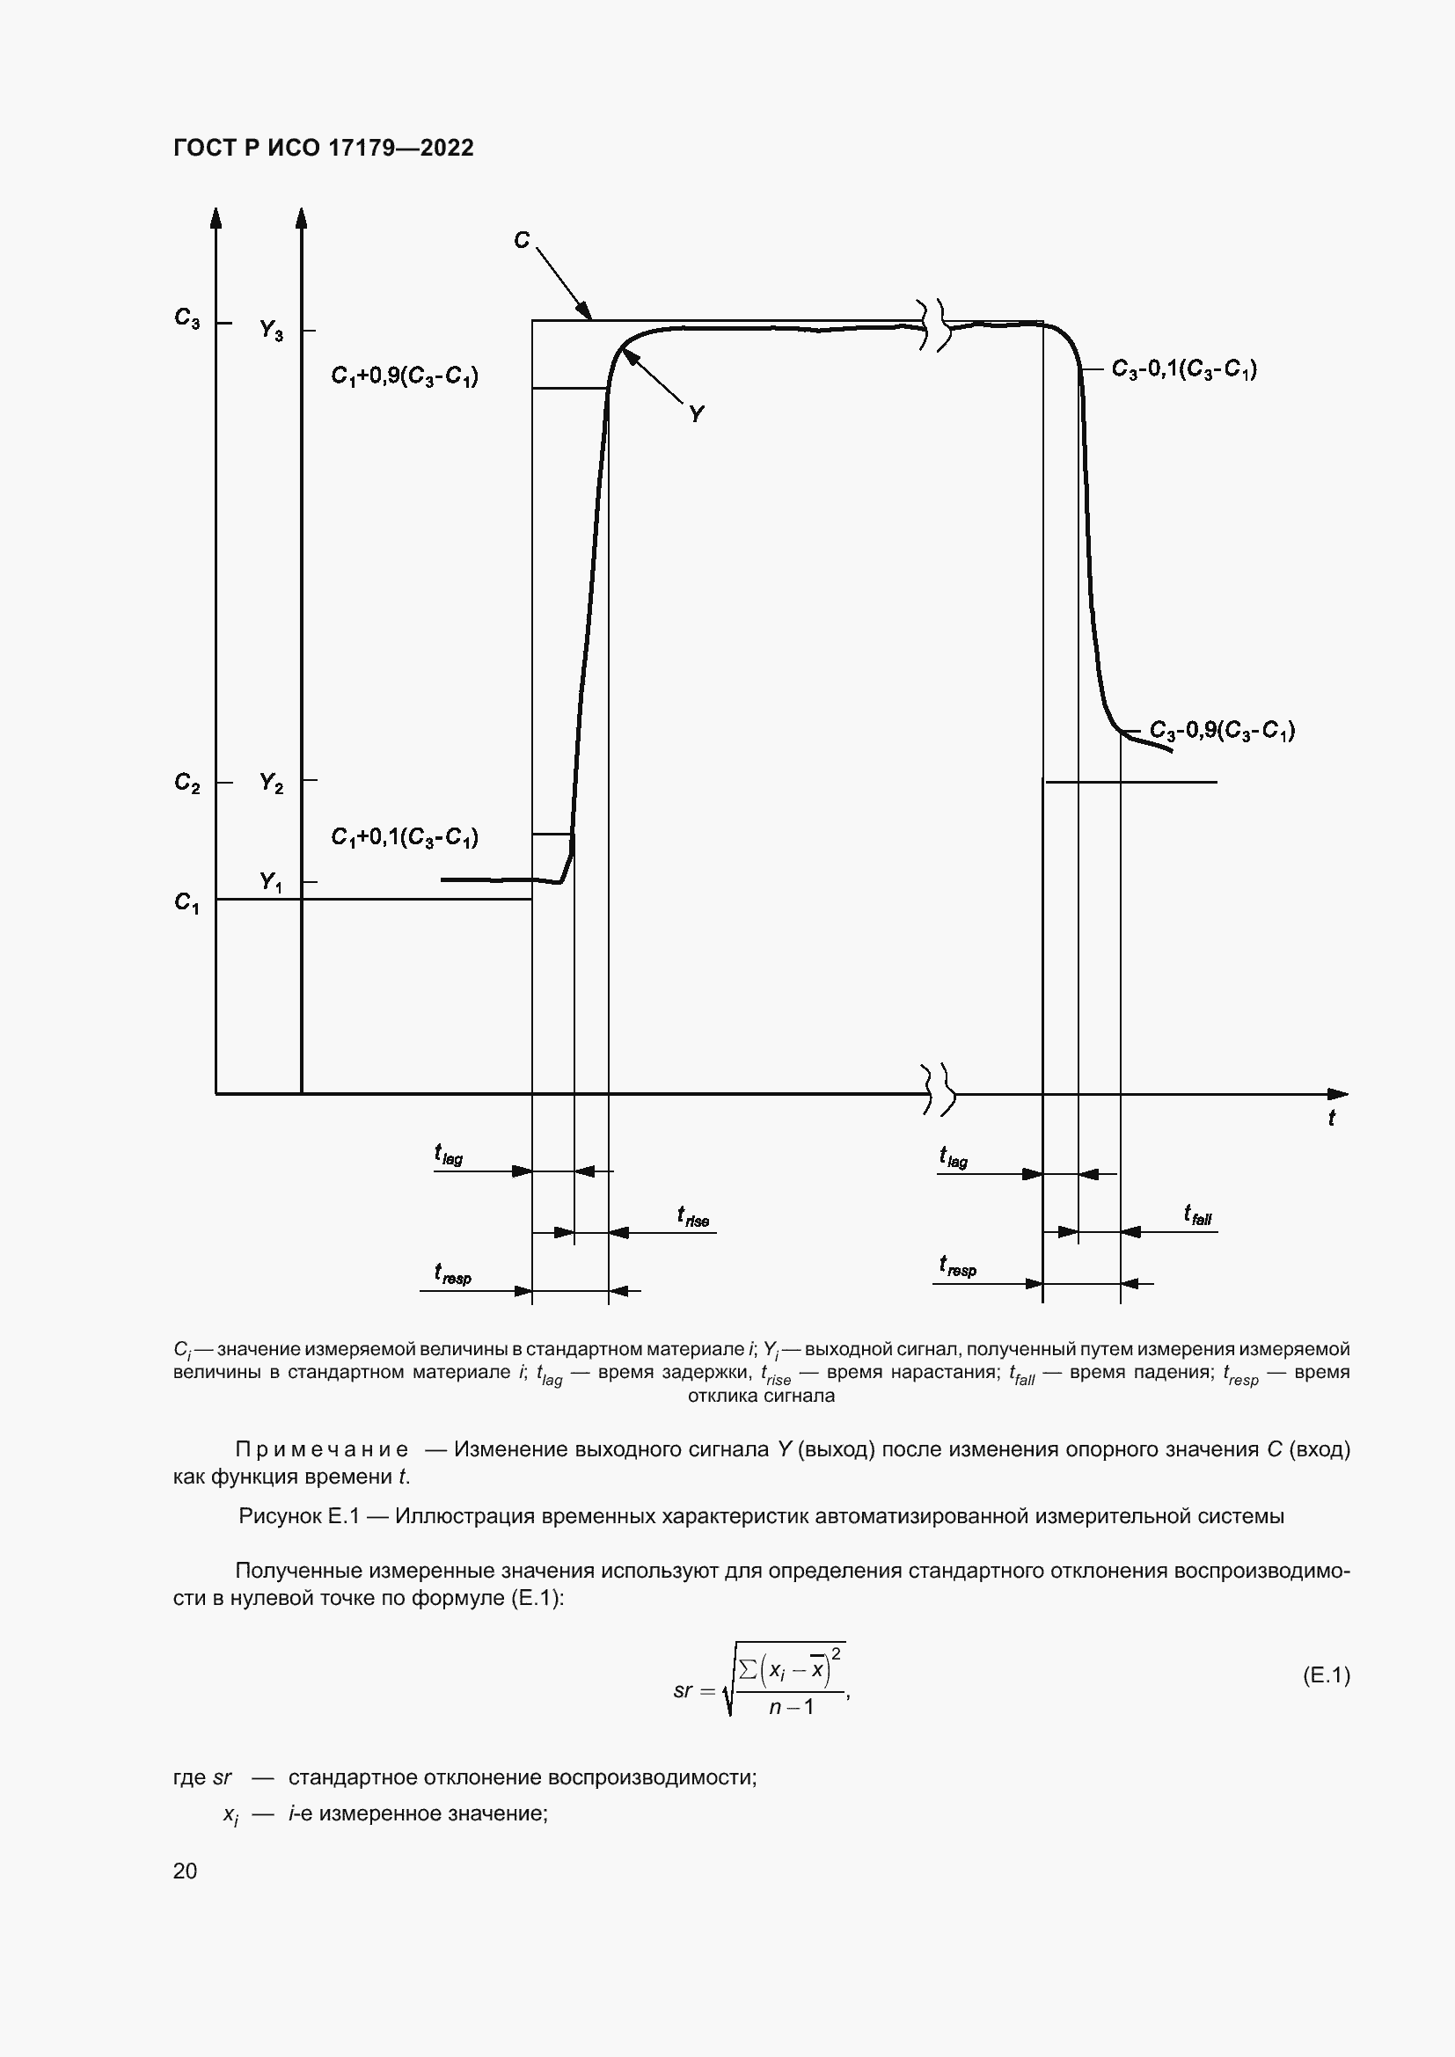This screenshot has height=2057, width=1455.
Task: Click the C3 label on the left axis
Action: pos(187,318)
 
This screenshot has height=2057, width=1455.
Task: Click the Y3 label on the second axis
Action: pos(272,331)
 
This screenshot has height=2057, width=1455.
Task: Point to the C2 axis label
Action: pos(187,783)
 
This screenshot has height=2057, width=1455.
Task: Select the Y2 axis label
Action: pos(272,783)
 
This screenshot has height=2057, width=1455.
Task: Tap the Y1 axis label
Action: pos(271,881)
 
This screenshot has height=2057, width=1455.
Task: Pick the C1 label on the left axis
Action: pos(187,902)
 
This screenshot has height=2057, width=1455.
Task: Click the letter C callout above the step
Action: pos(522,240)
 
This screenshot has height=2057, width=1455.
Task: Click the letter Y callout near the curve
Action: pos(696,414)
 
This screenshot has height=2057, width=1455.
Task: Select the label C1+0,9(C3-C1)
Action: pos(404,376)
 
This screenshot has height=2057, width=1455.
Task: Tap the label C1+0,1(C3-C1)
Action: pos(404,836)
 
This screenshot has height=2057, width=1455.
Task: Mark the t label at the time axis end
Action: pos(1331,1118)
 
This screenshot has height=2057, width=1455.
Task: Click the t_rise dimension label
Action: pos(693,1217)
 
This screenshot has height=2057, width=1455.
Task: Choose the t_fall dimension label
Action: pos(1198,1215)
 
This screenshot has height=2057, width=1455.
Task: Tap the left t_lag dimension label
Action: pos(449,1156)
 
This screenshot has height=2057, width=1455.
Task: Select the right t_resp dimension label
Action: pos(958,1266)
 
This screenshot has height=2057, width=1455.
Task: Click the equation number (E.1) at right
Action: pos(1326,1675)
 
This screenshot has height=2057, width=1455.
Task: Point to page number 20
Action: pos(186,1871)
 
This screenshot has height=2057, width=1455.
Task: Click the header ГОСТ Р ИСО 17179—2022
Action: pos(324,148)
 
